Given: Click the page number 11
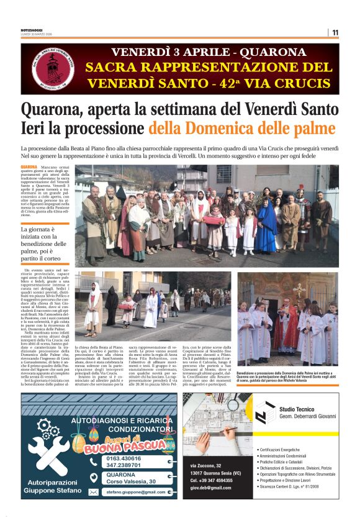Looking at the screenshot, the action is point(335,32).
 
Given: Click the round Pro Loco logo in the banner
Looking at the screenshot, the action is point(53,68).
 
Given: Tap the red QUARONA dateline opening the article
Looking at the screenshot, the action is point(29,168).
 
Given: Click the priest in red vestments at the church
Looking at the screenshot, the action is point(289,326).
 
